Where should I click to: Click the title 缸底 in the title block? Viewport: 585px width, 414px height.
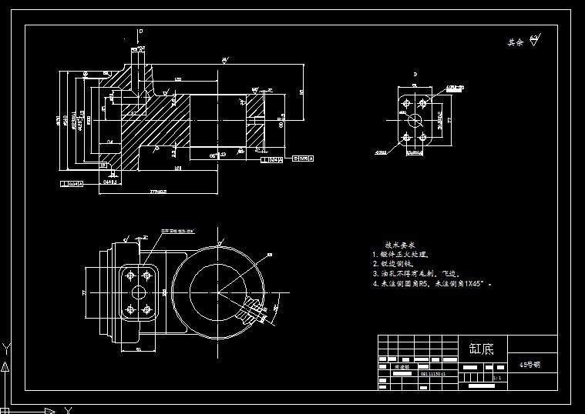pyautogui.click(x=482, y=348)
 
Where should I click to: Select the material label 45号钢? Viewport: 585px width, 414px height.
pyautogui.click(x=530, y=365)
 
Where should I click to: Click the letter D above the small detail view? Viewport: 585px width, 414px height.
pyautogui.click(x=415, y=75)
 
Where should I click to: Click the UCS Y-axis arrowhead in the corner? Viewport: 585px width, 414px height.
pyautogui.click(x=6, y=347)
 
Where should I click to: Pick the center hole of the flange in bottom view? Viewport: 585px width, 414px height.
pyautogui.click(x=139, y=292)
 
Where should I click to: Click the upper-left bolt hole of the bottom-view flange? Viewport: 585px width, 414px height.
pyautogui.click(x=129, y=275)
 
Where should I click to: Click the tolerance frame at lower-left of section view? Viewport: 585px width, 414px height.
pyautogui.click(x=71, y=184)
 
